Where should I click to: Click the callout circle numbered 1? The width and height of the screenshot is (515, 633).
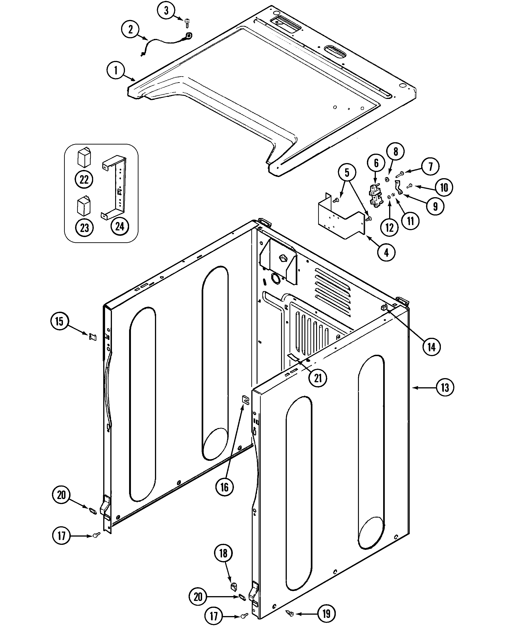[x=116, y=70]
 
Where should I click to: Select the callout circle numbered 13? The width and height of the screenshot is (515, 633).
[x=445, y=387]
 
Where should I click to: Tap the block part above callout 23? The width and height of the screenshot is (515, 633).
[x=84, y=205]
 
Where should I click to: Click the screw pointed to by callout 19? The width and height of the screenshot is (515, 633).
[x=290, y=612]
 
